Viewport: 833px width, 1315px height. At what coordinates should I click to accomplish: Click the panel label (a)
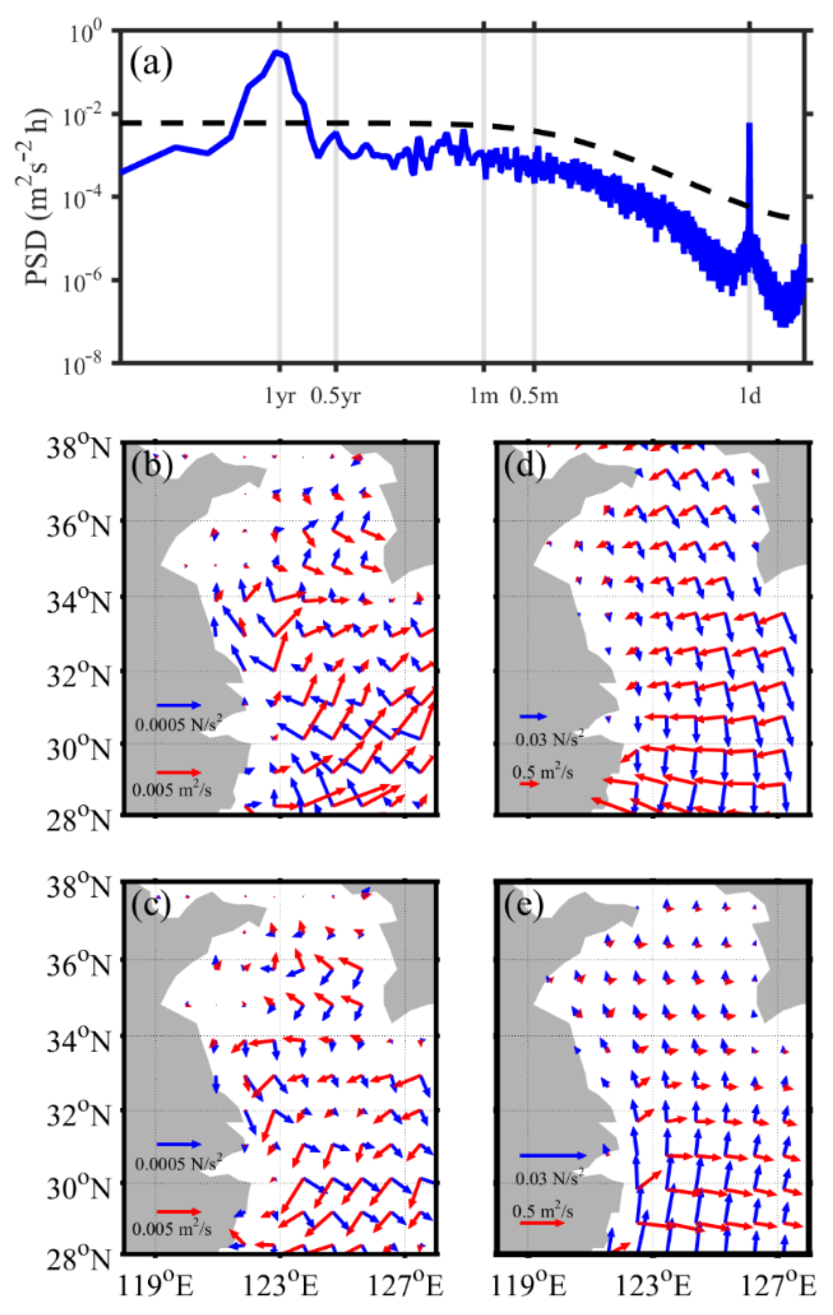point(151,63)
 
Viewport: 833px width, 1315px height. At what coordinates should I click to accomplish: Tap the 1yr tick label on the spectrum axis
point(280,396)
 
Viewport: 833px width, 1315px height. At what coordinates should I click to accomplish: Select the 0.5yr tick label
point(335,396)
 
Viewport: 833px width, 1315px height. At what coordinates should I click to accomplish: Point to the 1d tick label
point(750,396)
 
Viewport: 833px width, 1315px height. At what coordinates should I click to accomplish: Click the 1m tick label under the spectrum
point(484,396)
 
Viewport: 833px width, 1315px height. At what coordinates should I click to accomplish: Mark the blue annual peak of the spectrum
point(278,53)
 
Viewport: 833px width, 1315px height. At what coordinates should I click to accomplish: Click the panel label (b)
point(151,465)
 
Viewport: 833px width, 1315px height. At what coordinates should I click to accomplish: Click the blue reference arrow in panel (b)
point(179,705)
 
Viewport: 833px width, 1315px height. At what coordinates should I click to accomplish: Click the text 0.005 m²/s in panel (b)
point(171,790)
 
